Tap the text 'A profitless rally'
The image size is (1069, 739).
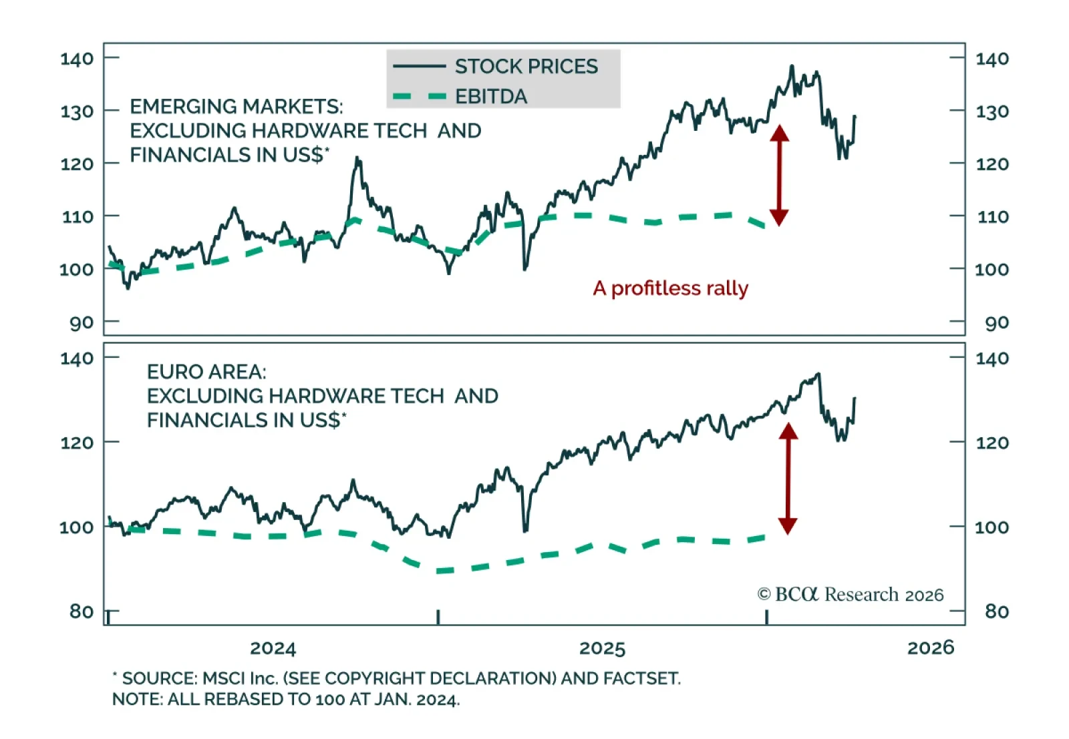[670, 288]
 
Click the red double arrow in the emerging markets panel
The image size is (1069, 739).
[779, 175]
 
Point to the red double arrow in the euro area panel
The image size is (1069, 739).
[788, 479]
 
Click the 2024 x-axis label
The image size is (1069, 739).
[273, 648]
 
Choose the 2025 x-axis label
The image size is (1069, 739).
[602, 648]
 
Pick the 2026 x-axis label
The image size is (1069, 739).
[931, 647]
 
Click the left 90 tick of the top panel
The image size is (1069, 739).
[82, 322]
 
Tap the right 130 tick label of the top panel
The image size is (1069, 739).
[992, 111]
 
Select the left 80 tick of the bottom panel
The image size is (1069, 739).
[82, 611]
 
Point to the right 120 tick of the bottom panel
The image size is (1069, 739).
[992, 442]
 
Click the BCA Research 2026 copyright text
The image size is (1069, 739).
[851, 594]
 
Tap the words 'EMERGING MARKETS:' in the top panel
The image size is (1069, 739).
[237, 106]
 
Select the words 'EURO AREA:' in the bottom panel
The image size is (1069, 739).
[206, 371]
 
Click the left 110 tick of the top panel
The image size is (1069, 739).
[77, 216]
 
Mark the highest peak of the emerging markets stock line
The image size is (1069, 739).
[792, 66]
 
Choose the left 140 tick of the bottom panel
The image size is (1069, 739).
[77, 358]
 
